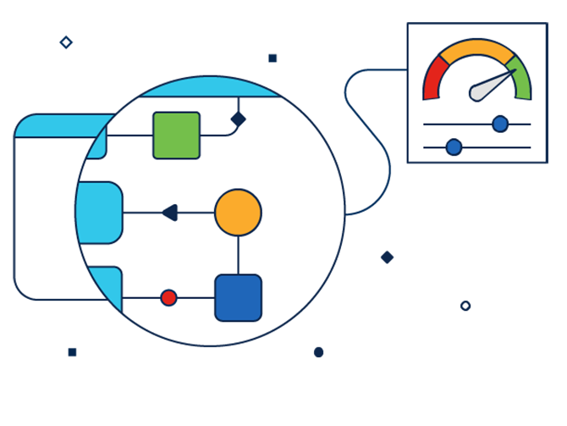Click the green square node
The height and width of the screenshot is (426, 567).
click(176, 136)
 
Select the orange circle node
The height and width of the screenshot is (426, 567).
click(238, 212)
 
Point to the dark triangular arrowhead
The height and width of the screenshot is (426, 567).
click(169, 212)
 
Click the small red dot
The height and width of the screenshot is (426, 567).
click(168, 297)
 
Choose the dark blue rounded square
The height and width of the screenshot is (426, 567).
click(238, 297)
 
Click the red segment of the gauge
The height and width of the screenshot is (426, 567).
click(434, 78)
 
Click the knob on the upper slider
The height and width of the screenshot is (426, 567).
click(500, 124)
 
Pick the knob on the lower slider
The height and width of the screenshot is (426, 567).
click(454, 147)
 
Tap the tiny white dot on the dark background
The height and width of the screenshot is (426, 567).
click(465, 305)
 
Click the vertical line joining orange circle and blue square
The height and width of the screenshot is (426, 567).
click(238, 255)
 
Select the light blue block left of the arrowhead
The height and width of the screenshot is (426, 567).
click(100, 212)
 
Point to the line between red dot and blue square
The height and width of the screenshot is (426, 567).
click(195, 297)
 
